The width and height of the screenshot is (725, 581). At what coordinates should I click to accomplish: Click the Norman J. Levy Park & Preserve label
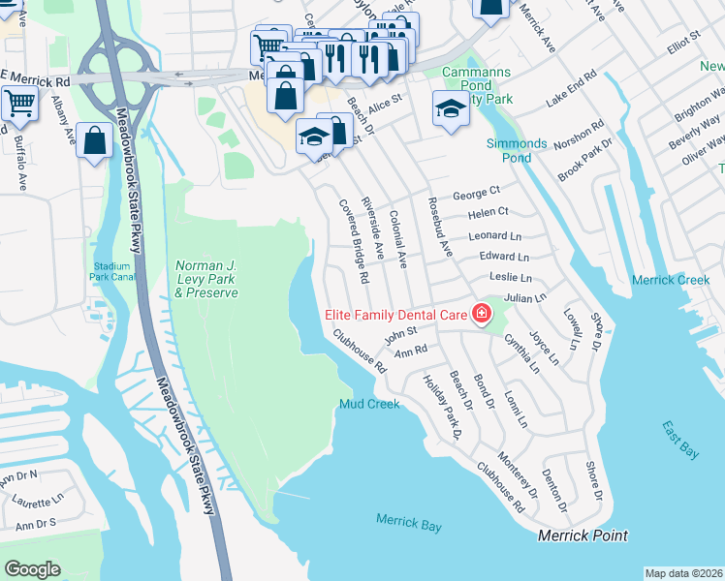click(205, 279)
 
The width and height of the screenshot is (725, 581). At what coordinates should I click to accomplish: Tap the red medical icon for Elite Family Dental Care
click(480, 313)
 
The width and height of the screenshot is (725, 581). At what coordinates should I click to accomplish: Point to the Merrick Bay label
click(409, 525)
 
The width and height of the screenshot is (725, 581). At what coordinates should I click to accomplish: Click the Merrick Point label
click(583, 535)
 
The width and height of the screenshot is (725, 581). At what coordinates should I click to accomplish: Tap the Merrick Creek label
click(671, 280)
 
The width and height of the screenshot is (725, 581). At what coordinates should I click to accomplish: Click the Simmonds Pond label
click(517, 150)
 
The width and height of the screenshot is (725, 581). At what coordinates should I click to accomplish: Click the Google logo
click(32, 569)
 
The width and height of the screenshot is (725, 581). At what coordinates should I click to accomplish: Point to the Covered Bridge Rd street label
click(353, 241)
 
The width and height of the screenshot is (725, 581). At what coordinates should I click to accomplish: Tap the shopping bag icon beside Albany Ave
click(94, 140)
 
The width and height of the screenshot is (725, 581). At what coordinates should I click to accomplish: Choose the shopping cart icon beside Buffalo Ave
click(18, 102)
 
